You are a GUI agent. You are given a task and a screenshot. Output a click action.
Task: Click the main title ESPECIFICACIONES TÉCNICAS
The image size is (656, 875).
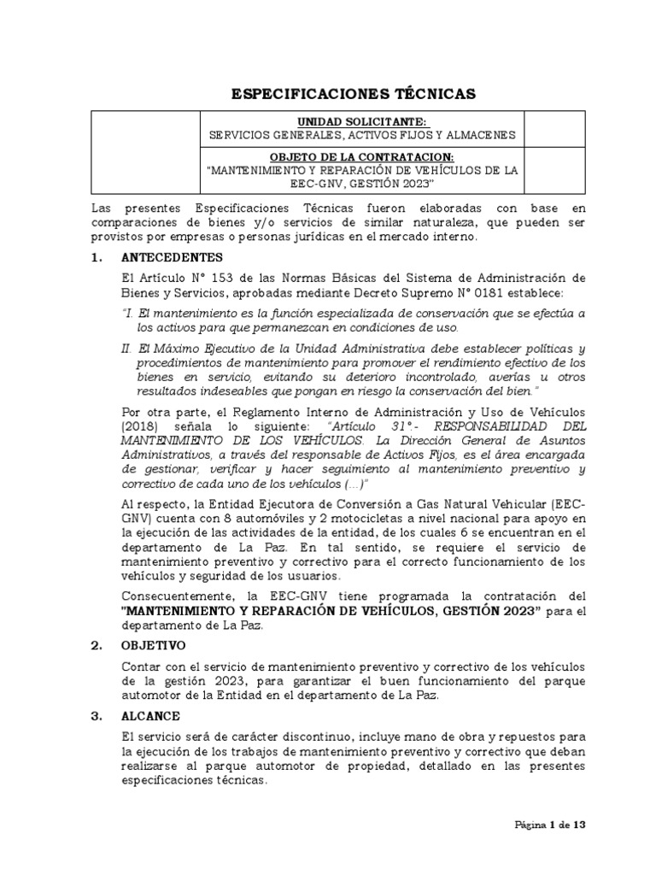(354, 93)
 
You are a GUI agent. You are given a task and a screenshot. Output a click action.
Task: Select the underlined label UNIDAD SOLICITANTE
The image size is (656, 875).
(362, 121)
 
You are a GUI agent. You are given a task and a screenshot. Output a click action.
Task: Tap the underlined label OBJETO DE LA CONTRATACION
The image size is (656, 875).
(362, 156)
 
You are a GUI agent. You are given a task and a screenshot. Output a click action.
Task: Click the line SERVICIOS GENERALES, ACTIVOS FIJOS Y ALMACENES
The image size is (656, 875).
(362, 135)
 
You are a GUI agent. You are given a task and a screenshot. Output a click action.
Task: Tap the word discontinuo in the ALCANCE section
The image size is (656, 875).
(302, 737)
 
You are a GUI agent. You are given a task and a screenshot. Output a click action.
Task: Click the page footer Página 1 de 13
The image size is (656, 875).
(549, 825)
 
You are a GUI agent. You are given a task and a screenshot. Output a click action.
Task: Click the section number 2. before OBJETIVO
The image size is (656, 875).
(97, 645)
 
